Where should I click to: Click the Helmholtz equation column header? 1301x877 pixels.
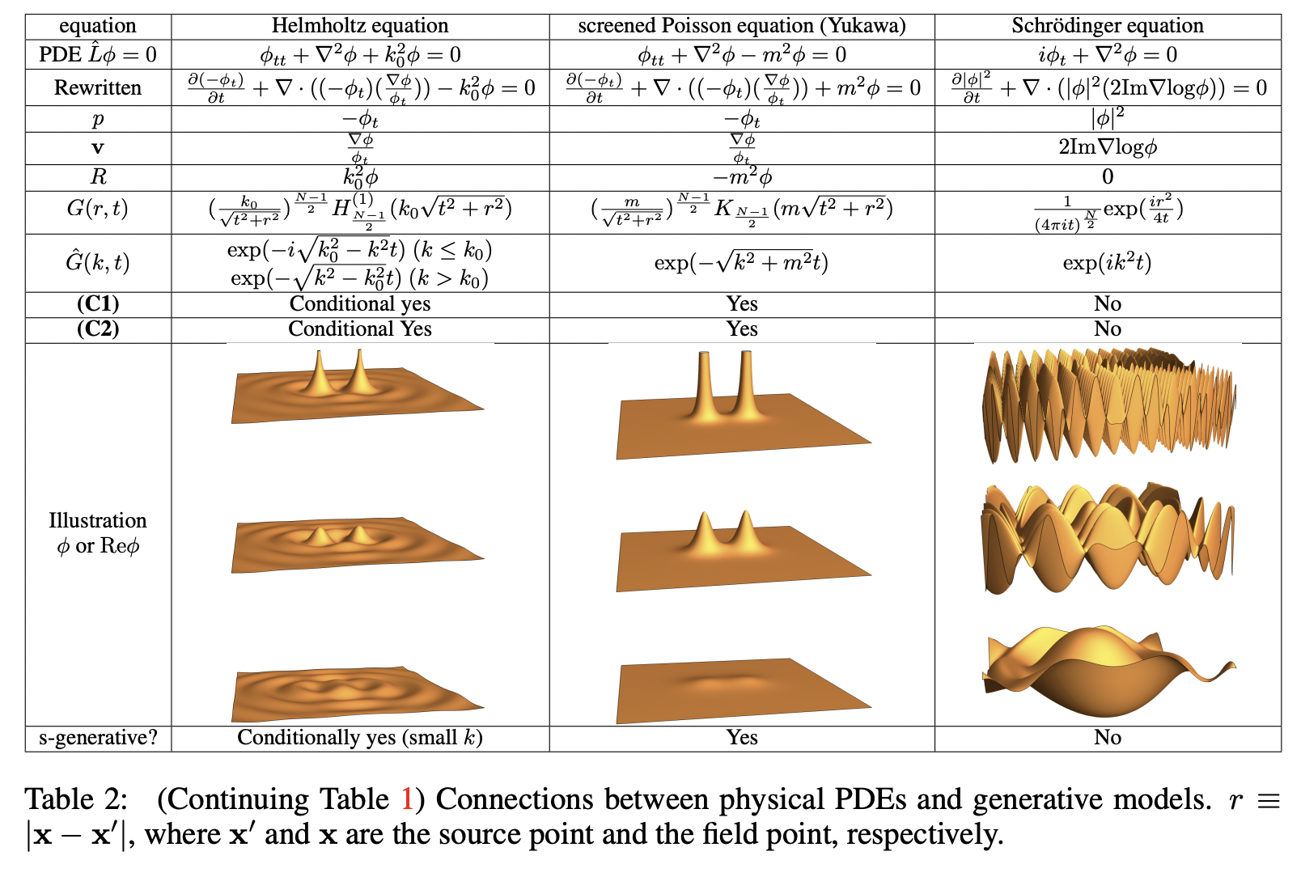point(359,26)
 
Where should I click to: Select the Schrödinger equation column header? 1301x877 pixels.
point(1107,26)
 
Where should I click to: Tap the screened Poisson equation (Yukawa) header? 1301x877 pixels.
point(741,26)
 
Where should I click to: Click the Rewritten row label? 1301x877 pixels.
point(98,87)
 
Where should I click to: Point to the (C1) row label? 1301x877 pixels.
point(98,304)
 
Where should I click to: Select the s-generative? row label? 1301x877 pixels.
point(98,738)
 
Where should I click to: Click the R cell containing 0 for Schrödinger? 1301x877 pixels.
point(1107,176)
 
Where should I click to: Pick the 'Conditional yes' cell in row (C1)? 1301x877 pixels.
point(359,304)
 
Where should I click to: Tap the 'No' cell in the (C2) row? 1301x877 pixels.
point(1107,329)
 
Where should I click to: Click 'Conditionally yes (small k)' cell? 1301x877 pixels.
point(359,738)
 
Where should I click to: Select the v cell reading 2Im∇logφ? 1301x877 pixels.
point(1107,147)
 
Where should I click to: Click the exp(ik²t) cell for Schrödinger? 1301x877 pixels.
point(1107,263)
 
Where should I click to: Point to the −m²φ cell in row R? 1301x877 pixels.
point(741,176)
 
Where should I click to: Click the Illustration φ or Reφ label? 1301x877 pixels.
point(98,533)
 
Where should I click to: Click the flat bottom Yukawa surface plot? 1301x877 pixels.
point(741,688)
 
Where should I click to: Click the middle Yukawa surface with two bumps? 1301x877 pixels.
point(741,550)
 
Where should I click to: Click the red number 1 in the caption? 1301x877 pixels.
point(407,800)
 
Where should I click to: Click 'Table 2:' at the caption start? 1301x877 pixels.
point(76,800)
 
